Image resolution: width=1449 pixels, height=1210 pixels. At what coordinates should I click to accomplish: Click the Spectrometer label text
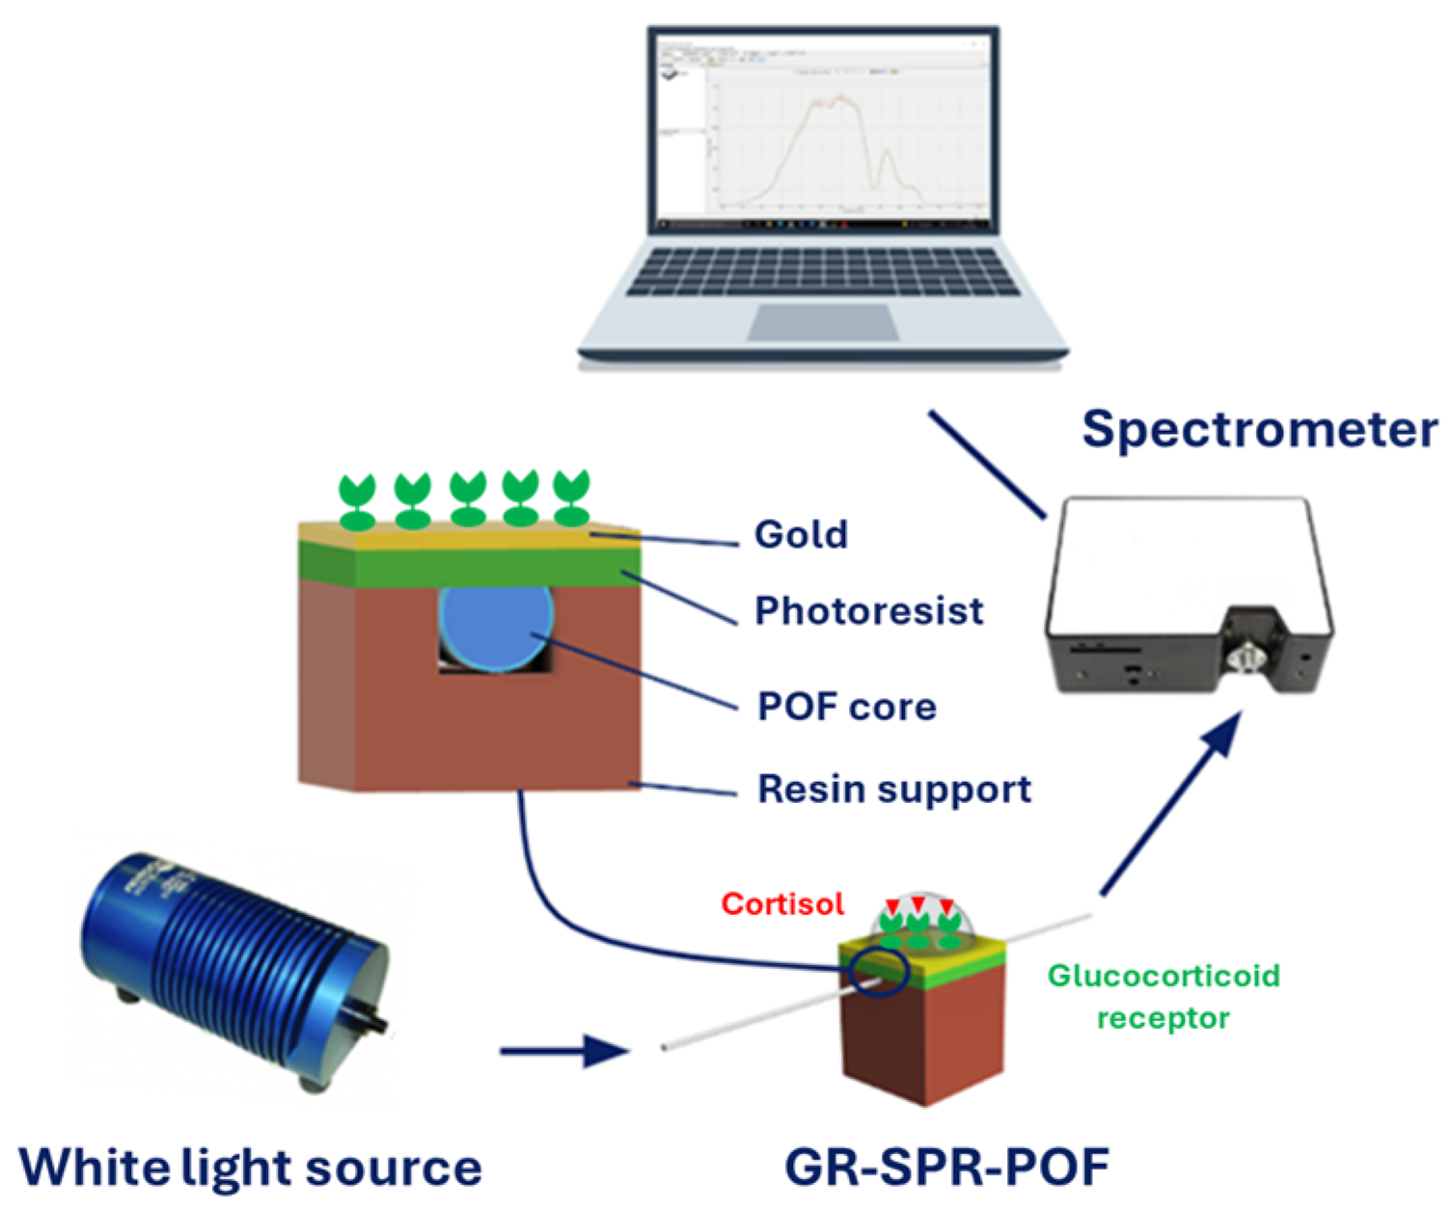pyautogui.click(x=1259, y=430)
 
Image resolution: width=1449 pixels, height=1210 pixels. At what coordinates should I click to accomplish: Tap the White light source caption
pyautogui.click(x=250, y=1168)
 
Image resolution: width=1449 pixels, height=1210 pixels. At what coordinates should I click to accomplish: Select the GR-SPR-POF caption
pyautogui.click(x=946, y=1168)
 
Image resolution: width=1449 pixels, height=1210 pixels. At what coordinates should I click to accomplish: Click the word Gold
pyautogui.click(x=801, y=535)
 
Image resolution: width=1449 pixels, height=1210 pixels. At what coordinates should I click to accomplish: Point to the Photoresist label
pyautogui.click(x=868, y=611)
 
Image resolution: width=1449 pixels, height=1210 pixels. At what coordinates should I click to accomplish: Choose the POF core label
pyautogui.click(x=847, y=707)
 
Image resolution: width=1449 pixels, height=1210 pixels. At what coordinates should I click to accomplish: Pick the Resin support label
pyautogui.click(x=894, y=790)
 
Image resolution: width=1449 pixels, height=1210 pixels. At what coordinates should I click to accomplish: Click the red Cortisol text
pyautogui.click(x=782, y=904)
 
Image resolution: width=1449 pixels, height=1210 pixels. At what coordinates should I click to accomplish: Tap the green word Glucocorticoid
pyautogui.click(x=1163, y=976)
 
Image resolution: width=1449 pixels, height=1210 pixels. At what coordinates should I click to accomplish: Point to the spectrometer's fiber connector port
pyautogui.click(x=1245, y=660)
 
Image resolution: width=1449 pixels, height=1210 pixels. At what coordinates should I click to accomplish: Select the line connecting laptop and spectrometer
pyautogui.click(x=987, y=464)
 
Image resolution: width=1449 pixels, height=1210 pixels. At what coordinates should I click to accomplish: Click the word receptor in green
pyautogui.click(x=1162, y=1018)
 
